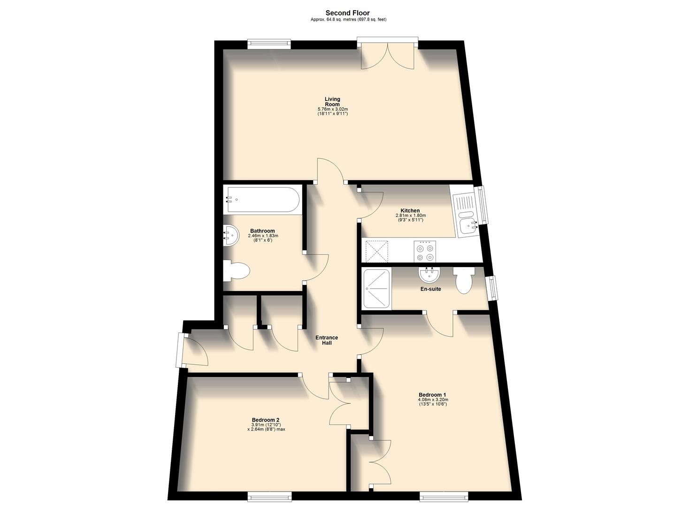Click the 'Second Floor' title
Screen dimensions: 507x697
point(348,13)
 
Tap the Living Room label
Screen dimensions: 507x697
point(332,101)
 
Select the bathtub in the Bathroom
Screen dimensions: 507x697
point(262,200)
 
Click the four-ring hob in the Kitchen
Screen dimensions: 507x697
point(425,251)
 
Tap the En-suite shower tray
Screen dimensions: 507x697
point(377,288)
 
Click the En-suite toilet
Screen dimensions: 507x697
point(464,280)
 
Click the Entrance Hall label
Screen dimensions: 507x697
point(327,340)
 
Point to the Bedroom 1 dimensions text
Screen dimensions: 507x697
point(433,402)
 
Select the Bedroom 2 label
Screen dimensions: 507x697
point(266,420)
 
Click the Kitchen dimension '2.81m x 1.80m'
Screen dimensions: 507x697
point(410,215)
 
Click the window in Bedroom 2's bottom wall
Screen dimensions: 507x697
point(269,495)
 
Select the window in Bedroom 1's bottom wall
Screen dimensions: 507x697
point(444,495)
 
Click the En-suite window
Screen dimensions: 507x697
point(492,287)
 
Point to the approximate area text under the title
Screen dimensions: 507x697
point(348,20)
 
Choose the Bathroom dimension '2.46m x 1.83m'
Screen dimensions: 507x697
point(262,236)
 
